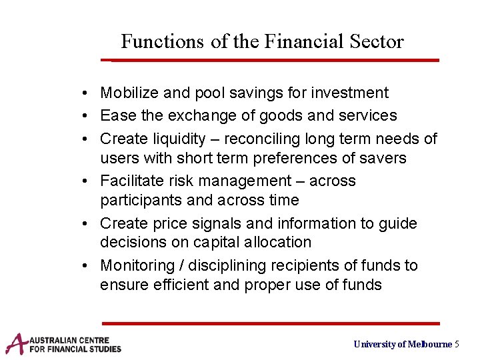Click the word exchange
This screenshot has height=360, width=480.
(202, 115)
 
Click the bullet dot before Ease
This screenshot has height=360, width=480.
(89, 116)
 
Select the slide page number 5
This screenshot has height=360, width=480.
(457, 344)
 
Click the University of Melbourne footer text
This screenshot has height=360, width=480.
(403, 344)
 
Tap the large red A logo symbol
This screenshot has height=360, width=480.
(17, 343)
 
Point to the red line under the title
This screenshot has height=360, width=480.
(273, 60)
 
